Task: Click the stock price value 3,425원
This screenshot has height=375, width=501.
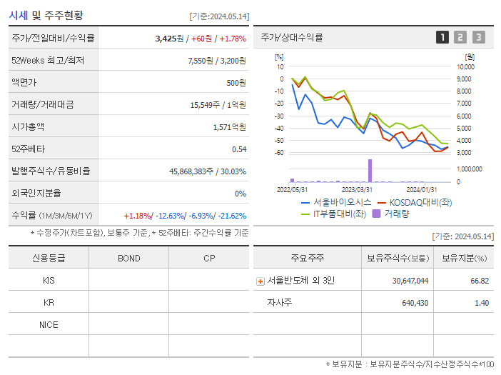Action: (170, 38)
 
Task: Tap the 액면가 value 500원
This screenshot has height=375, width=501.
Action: (236, 82)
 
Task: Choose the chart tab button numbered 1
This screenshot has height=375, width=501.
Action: (442, 37)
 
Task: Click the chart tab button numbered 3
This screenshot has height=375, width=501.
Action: (478, 37)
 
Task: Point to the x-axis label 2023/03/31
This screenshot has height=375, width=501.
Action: (357, 189)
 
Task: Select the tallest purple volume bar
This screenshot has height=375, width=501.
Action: (370, 171)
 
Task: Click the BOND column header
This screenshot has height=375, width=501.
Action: (128, 258)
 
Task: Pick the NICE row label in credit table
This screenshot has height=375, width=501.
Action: (49, 325)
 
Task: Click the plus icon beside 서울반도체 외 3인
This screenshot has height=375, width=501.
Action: (260, 281)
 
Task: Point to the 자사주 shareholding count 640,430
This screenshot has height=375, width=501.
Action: (410, 303)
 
